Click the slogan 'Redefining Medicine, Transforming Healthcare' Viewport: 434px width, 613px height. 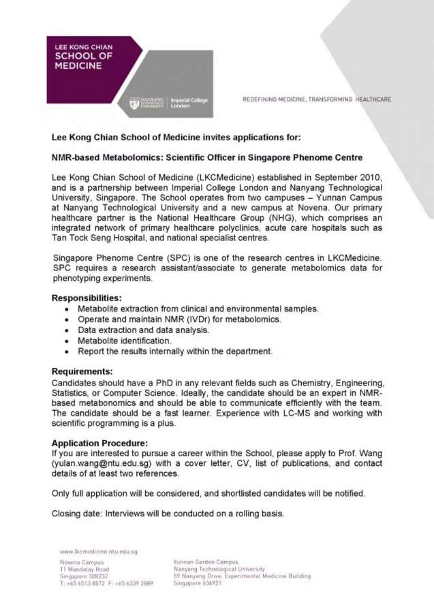[x=317, y=99]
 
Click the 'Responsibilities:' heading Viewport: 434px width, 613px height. [x=87, y=298]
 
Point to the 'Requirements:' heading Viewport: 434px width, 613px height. [x=82, y=371]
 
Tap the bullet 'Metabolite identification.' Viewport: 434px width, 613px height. [x=125, y=341]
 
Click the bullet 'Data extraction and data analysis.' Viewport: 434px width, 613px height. [x=143, y=330]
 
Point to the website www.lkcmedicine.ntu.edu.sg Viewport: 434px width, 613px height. [x=98, y=552]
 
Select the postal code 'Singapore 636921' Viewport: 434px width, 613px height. [x=198, y=584]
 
